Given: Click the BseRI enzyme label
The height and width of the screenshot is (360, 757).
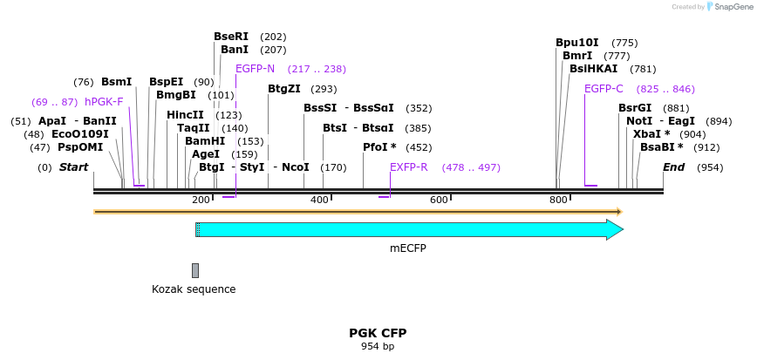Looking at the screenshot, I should click(231, 37).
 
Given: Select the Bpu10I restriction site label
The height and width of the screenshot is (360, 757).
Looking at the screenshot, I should click(577, 43).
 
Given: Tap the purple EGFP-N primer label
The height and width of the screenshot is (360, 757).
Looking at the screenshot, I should click(255, 69).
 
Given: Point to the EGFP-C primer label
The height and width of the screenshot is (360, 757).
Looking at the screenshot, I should click(604, 89).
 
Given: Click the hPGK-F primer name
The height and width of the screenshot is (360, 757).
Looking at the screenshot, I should click(104, 102).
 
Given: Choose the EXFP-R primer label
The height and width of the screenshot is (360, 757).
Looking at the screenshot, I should click(408, 167).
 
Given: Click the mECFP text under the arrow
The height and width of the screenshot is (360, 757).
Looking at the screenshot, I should click(408, 248).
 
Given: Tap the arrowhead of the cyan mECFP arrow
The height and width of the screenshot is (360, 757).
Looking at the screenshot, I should click(615, 230).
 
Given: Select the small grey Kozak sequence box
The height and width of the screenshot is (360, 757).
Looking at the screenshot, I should click(195, 270).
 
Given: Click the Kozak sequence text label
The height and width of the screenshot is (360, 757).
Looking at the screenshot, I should click(194, 289).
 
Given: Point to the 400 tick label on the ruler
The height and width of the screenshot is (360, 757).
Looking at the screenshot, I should click(320, 200).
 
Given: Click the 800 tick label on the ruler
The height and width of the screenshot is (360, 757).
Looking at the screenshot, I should click(558, 200).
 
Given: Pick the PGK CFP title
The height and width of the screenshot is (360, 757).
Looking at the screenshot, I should click(378, 333).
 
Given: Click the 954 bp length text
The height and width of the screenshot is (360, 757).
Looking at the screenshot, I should click(378, 347).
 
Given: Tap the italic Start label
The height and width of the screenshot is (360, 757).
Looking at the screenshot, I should click(73, 167).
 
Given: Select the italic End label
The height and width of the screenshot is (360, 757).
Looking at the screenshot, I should click(674, 167).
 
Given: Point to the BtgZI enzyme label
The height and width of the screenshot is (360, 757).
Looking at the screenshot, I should click(284, 89).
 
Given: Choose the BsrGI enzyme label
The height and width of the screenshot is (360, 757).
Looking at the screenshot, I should click(635, 108).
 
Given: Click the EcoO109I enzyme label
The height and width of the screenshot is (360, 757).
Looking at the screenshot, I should click(80, 134).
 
